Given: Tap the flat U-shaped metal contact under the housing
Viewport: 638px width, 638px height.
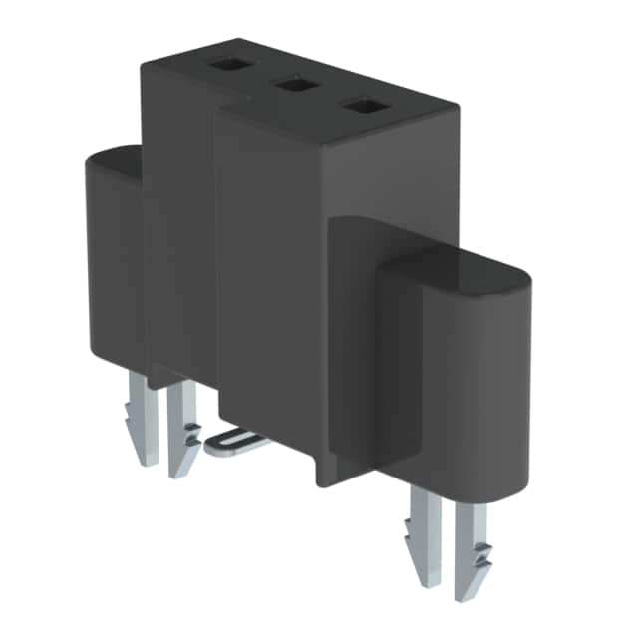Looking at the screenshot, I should tap(237, 440).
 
